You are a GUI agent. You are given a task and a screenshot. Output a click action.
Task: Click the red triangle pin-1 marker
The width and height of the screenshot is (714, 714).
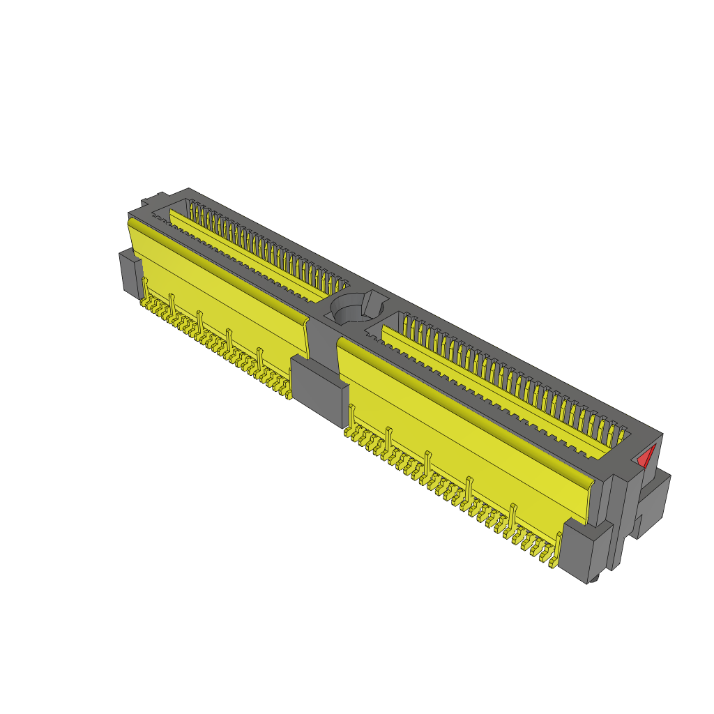coord(646,457)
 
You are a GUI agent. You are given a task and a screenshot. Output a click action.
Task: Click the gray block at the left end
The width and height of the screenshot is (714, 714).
coord(130,273)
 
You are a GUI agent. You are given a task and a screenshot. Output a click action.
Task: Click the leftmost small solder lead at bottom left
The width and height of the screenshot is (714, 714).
coord(143,303)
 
